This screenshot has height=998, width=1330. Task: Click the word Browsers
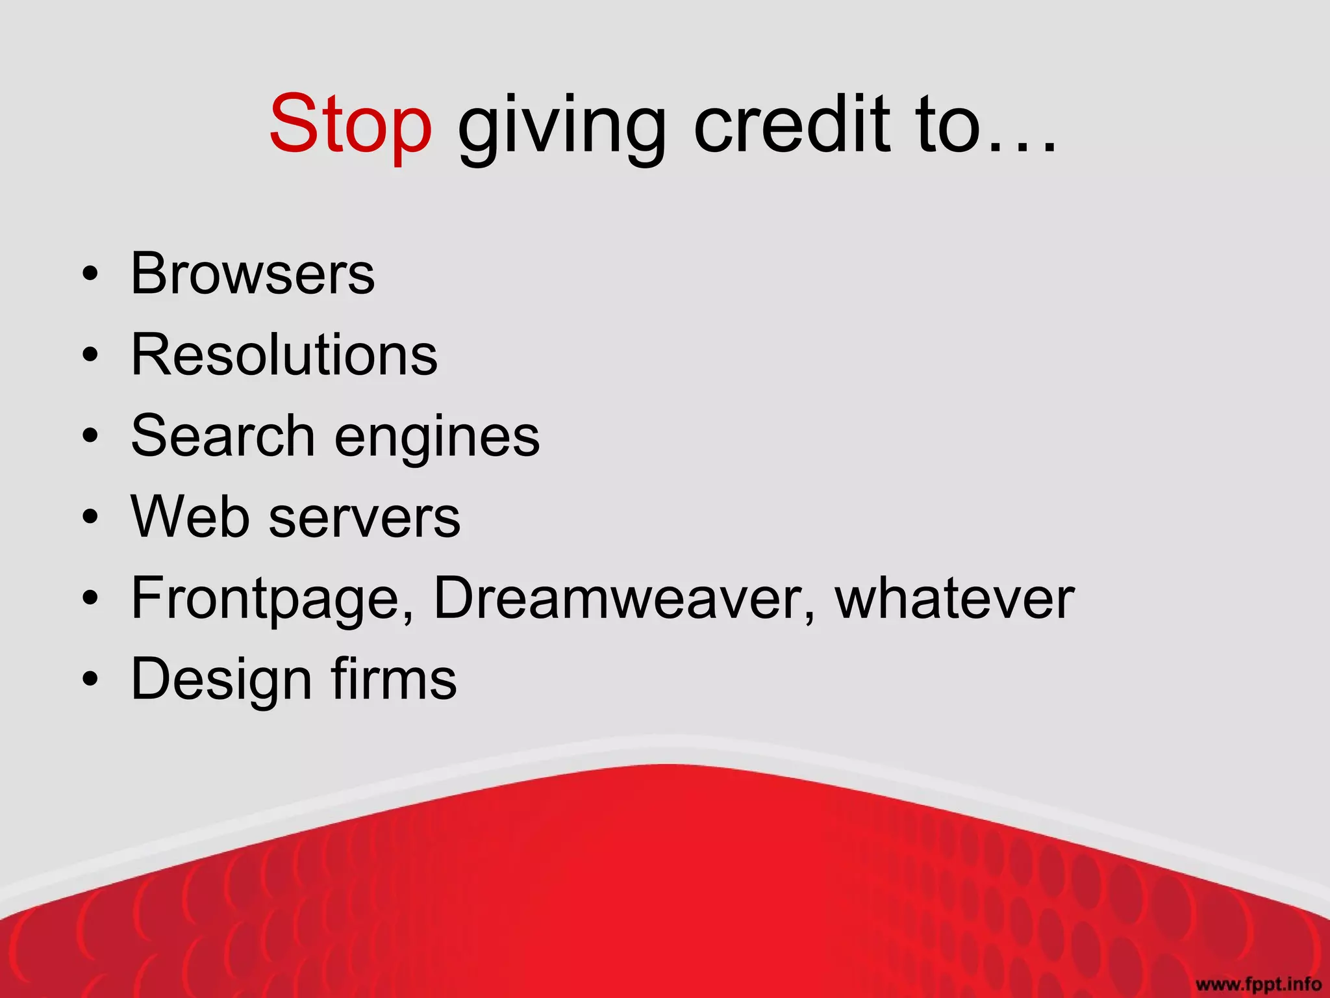coord(253,274)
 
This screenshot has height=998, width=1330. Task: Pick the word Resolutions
coord(284,355)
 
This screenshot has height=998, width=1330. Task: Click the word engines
coord(436,439)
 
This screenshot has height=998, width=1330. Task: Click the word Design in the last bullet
coord(221,680)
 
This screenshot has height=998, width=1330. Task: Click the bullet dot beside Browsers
coord(90,275)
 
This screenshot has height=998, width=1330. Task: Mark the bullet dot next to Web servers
coord(90,518)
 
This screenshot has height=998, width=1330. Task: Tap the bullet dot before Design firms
coord(90,680)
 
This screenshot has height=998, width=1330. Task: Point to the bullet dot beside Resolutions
coord(90,356)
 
